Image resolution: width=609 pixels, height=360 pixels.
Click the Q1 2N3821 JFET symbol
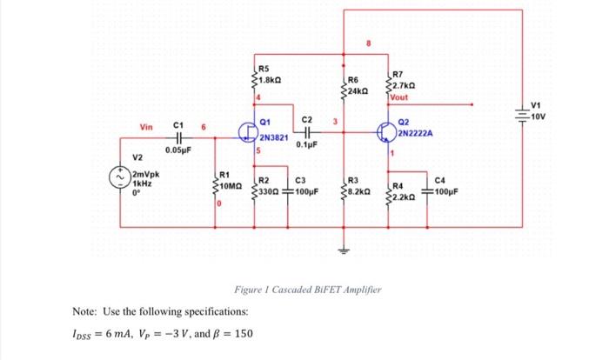point(249,134)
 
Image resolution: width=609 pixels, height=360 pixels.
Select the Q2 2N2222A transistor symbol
point(388,132)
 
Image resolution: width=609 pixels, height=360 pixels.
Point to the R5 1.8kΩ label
point(265,74)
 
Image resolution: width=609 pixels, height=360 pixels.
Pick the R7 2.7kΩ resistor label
point(405,81)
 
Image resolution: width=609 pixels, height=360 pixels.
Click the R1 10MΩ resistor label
point(231,181)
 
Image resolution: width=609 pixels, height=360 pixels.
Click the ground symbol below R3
point(345,248)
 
